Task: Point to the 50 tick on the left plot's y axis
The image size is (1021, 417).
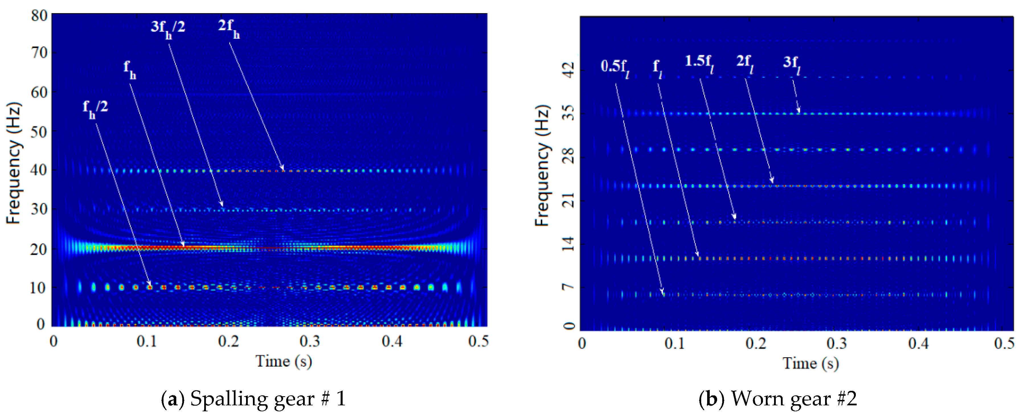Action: (x=39, y=132)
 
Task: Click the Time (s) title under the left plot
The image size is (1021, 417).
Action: (x=283, y=361)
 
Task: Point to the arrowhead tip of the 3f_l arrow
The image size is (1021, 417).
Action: (x=799, y=113)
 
